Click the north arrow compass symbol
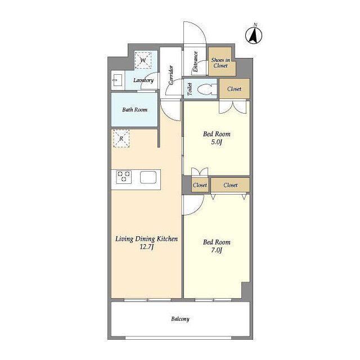click(254, 35)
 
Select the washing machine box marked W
click(143, 60)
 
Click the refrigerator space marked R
click(121, 138)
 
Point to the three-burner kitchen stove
click(124, 177)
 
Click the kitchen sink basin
click(148, 177)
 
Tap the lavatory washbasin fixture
click(117, 80)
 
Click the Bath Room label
click(135, 110)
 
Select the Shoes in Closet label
click(220, 62)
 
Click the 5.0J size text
click(217, 142)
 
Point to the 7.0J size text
click(217, 250)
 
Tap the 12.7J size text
click(146, 247)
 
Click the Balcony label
click(180, 319)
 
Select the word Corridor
click(171, 75)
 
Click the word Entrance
click(195, 61)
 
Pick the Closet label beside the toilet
click(234, 89)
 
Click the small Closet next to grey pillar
click(200, 185)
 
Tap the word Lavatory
click(143, 80)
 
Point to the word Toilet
click(190, 89)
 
